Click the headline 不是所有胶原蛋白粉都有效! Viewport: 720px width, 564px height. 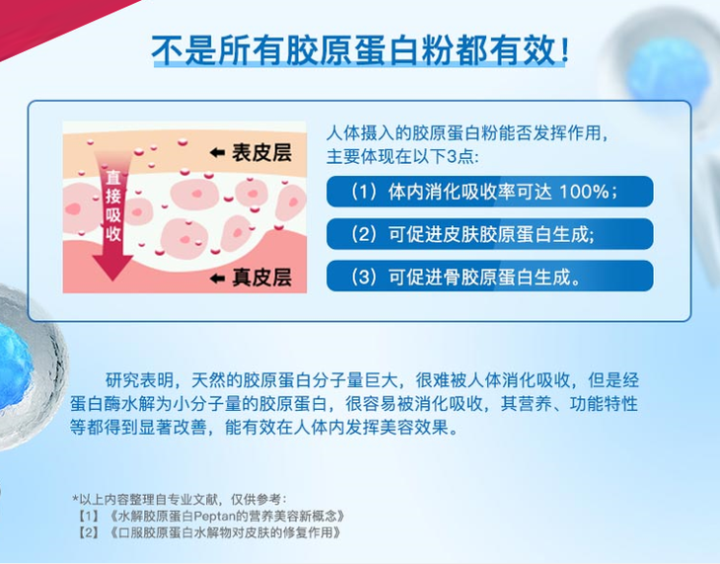(360, 49)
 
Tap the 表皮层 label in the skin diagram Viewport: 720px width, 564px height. (261, 153)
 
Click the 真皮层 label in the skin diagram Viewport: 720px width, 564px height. (261, 278)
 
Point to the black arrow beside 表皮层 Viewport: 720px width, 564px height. (217, 153)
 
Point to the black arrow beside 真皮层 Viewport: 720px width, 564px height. (217, 278)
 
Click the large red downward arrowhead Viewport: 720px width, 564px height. (113, 268)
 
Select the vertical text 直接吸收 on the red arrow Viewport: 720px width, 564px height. (113, 205)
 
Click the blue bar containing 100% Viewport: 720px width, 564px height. (489, 192)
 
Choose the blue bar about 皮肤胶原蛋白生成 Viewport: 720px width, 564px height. (489, 234)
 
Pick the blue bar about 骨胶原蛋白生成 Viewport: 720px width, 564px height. (489, 276)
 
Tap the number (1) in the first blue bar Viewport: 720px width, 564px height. (364, 192)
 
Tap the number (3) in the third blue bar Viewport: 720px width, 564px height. (364, 277)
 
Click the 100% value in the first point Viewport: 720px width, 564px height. (584, 192)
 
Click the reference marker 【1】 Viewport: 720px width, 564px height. (89, 516)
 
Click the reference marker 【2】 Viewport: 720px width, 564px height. (89, 532)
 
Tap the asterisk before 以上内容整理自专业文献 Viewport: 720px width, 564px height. (75, 498)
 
